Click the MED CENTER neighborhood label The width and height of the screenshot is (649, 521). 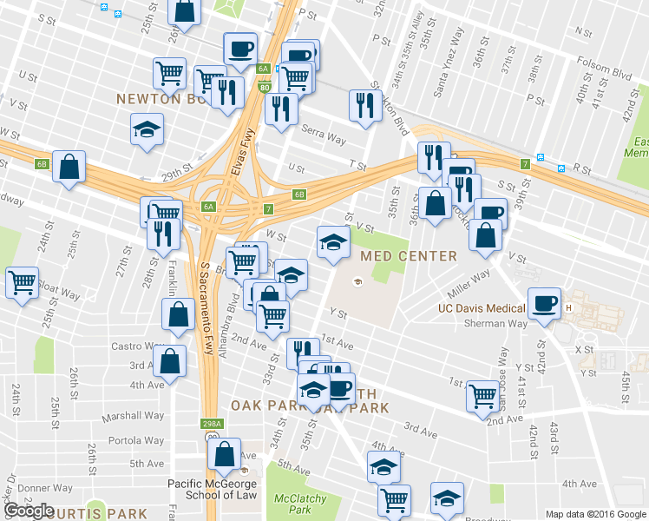click(408, 256)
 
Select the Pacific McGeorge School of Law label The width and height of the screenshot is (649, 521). click(213, 489)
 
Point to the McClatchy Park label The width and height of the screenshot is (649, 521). click(299, 505)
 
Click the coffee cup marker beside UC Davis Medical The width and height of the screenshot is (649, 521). click(544, 303)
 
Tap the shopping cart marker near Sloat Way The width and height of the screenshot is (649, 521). click(22, 281)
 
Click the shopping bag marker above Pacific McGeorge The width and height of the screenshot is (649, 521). click(225, 453)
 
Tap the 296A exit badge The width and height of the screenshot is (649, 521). click(210, 425)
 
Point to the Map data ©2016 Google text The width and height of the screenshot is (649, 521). click(594, 514)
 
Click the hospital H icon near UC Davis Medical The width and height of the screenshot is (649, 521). click(569, 309)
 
